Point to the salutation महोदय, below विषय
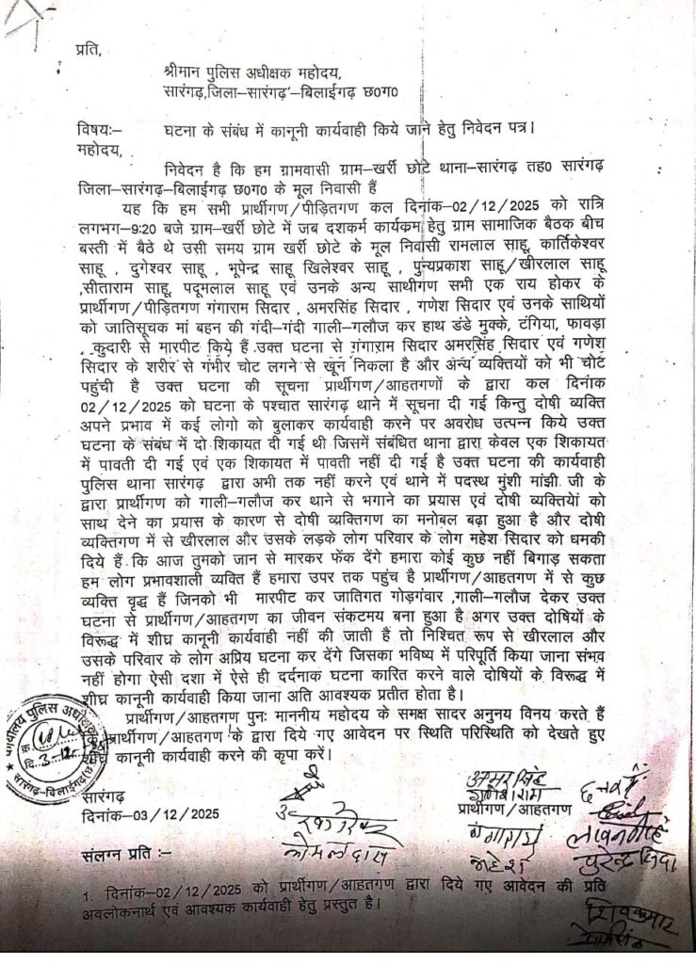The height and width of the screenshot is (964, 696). click(97, 148)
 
